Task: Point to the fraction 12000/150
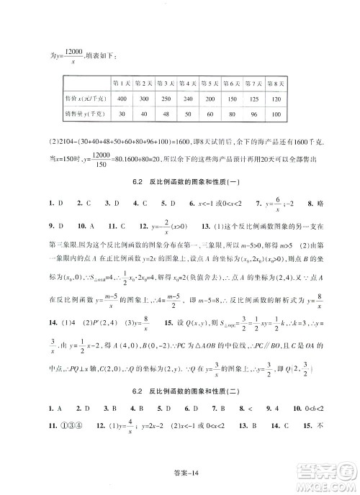click(x=100, y=161)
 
